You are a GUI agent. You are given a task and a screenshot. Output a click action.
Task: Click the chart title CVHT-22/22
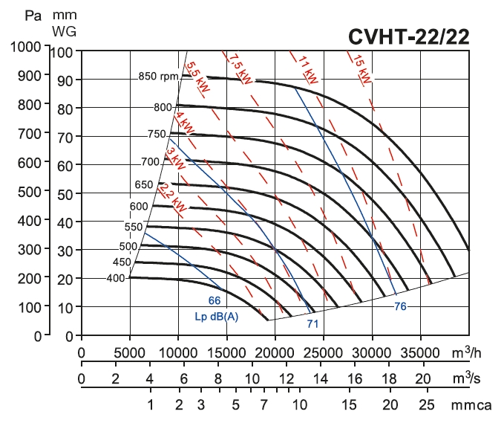pos(408,37)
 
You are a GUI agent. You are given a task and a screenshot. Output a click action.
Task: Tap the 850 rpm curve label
pos(157,77)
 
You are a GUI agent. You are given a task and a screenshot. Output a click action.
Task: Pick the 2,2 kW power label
pos(168,194)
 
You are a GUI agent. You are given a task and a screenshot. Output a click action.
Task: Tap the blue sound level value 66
pos(215,300)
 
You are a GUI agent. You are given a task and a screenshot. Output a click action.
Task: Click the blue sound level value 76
pos(401,306)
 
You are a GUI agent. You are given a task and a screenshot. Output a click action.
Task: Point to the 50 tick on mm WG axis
pos(65,193)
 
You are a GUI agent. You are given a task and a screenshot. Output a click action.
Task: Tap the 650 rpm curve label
pos(144,184)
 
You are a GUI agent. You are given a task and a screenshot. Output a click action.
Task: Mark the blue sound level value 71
pos(313,324)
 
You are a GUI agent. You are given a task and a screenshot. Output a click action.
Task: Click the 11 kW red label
pos(310,71)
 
